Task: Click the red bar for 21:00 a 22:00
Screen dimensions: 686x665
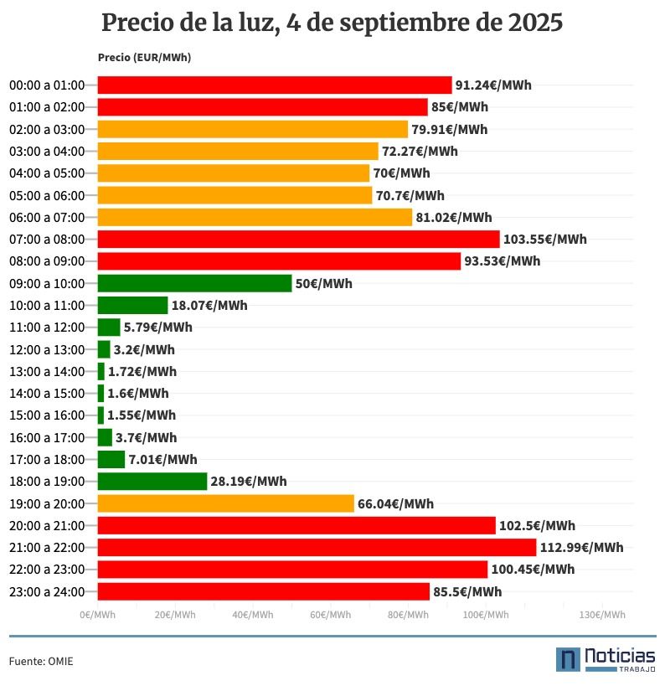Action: pyautogui.click(x=317, y=548)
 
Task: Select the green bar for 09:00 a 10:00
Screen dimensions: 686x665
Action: pyautogui.click(x=194, y=283)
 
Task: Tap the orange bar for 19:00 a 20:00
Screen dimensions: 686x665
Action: pyautogui.click(x=225, y=503)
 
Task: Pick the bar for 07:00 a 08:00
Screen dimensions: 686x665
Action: pyautogui.click(x=298, y=240)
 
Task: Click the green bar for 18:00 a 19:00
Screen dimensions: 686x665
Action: pyautogui.click(x=152, y=482)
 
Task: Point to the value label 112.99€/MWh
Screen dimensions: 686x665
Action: pyautogui.click(x=581, y=548)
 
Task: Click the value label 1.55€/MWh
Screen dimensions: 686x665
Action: pyautogui.click(x=142, y=415)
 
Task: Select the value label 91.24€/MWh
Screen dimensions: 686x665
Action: pyautogui.click(x=493, y=85)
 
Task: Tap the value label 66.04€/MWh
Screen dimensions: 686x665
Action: pyautogui.click(x=395, y=503)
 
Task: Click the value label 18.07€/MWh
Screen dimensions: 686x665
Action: pyautogui.click(x=209, y=306)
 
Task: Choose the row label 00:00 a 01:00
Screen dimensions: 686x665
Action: pyautogui.click(x=47, y=85)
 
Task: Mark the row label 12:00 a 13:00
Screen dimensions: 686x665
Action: pyautogui.click(x=47, y=349)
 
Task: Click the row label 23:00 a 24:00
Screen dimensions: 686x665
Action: pyautogui.click(x=47, y=591)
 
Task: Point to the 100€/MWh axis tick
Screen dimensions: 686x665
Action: pyautogui.click(x=486, y=615)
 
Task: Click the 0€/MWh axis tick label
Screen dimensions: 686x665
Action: pyautogui.click(x=98, y=615)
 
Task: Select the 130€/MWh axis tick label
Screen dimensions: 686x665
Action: pyautogui.click(x=602, y=615)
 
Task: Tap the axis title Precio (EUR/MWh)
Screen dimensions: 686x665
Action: pyautogui.click(x=144, y=58)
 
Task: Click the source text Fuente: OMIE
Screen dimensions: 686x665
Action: pyautogui.click(x=41, y=662)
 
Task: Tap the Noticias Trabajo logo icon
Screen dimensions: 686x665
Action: pyautogui.click(x=569, y=659)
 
